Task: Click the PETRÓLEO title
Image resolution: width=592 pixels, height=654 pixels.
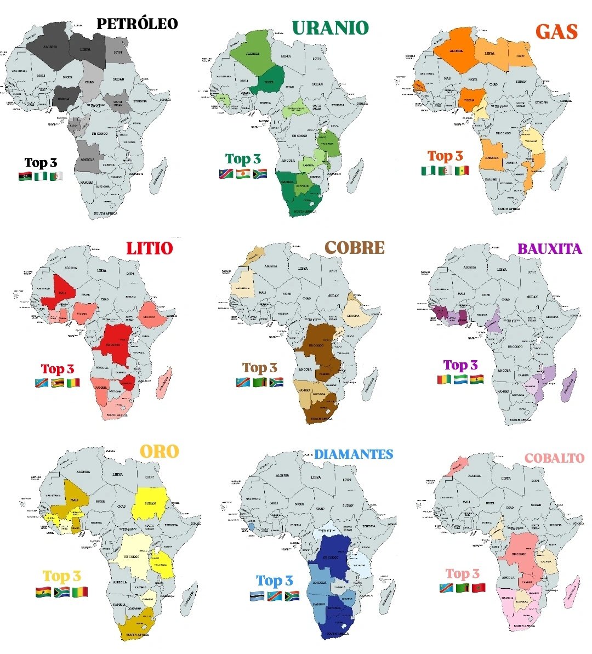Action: [137, 24]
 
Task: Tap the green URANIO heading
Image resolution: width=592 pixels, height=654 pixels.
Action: [330, 27]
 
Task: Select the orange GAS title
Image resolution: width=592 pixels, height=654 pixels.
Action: [556, 31]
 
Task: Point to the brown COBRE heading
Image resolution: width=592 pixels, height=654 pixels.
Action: [355, 247]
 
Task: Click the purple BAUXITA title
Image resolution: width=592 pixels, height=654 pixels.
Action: [549, 248]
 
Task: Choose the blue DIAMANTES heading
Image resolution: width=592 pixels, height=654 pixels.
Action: [354, 454]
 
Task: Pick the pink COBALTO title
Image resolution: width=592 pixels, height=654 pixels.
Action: [554, 458]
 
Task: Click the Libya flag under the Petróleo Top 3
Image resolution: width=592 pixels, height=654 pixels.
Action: [25, 177]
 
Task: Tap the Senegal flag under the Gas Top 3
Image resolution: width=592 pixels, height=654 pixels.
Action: [462, 170]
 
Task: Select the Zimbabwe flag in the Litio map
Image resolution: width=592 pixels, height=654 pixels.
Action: [57, 383]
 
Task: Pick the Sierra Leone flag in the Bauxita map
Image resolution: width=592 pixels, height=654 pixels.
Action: [460, 379]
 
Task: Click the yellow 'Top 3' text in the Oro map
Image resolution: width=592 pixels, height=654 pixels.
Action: [62, 576]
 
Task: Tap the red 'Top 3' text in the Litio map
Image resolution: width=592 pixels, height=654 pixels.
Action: [58, 368]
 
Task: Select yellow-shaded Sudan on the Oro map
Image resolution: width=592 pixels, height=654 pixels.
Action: [150, 503]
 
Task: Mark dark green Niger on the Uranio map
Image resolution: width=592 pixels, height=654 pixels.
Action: [269, 81]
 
